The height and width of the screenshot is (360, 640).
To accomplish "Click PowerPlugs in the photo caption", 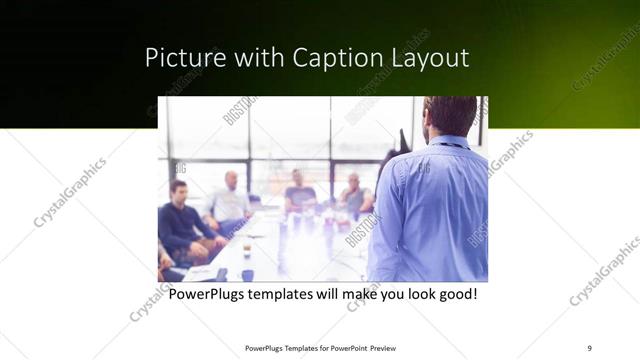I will coord(208,296).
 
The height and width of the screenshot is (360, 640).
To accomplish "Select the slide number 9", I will coord(589,348).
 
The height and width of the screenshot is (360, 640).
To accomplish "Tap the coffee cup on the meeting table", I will coord(246,244).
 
